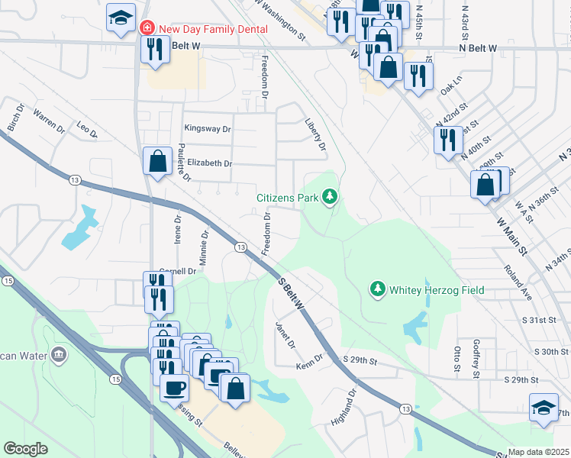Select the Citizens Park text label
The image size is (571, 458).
click(x=287, y=198)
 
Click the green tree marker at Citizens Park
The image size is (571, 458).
click(x=330, y=198)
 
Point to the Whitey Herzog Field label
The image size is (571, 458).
click(x=436, y=290)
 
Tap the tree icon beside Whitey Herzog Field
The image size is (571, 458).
click(x=376, y=289)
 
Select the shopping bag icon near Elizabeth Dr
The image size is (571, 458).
click(x=157, y=162)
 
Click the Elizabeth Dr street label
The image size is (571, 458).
click(x=209, y=163)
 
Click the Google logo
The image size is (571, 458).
click(x=25, y=449)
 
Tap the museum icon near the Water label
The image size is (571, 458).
click(x=59, y=355)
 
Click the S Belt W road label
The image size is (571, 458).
click(x=291, y=294)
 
